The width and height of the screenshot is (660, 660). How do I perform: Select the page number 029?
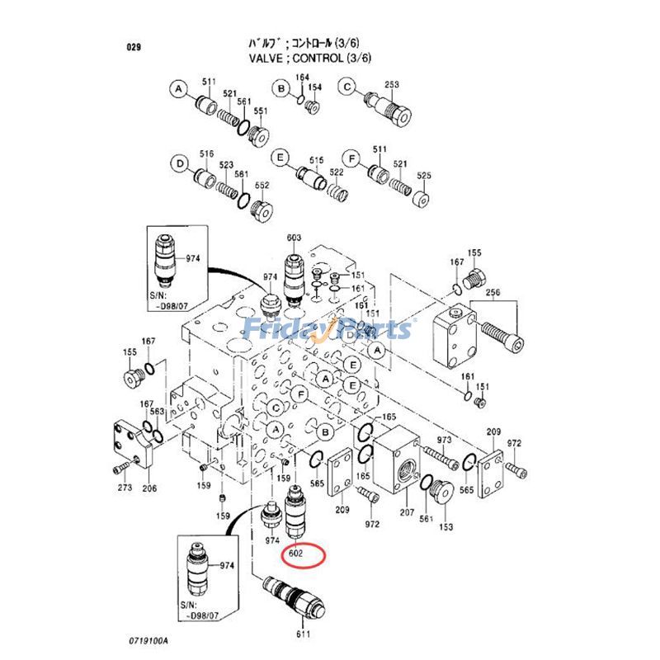pyautogui.click(x=134, y=47)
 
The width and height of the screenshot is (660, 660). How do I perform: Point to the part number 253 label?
pyautogui.click(x=392, y=84)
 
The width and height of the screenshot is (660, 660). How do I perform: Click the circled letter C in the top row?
pyautogui.click(x=347, y=88)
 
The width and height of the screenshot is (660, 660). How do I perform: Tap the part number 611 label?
pyautogui.click(x=304, y=634)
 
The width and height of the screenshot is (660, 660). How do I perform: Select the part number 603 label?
pyautogui.click(x=295, y=238)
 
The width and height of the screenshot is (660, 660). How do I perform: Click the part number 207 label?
pyautogui.click(x=407, y=513)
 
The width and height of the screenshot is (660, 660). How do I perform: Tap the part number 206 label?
pyautogui.click(x=148, y=488)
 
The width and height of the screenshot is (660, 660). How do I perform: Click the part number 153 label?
pyautogui.click(x=445, y=527)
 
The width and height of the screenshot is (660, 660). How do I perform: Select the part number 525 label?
pyautogui.click(x=424, y=176)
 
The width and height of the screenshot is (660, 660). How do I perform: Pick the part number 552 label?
pyautogui.click(x=262, y=186)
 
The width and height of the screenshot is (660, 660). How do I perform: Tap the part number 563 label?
pyautogui.click(x=158, y=412)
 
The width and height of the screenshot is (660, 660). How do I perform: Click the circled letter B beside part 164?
pyautogui.click(x=281, y=88)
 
